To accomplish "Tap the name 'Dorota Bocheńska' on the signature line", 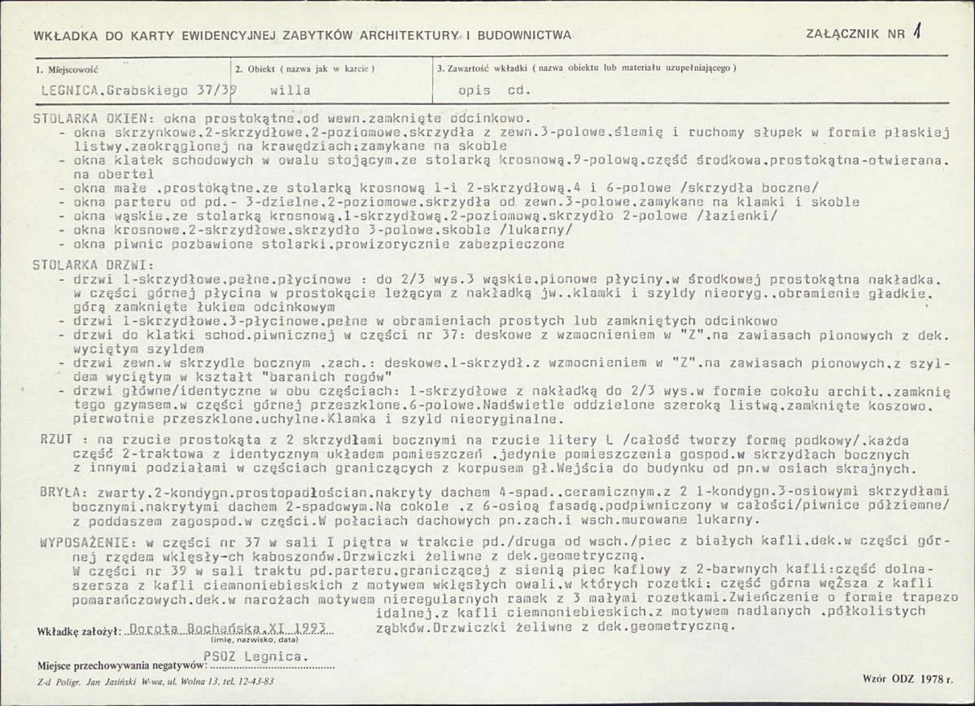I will tap(187, 629).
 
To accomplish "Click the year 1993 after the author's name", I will tap(310, 629).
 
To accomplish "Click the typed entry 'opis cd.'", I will tap(494, 90).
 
